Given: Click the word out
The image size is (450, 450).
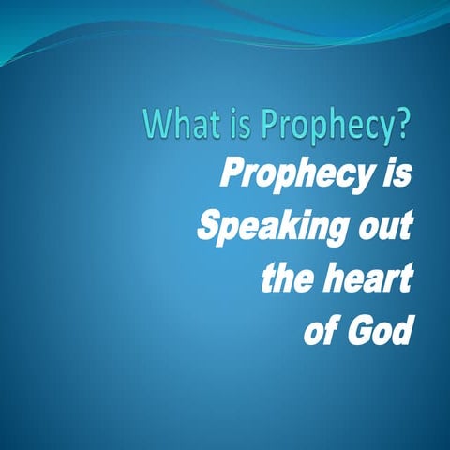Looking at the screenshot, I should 380,227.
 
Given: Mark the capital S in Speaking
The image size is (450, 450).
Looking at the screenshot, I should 207,227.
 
